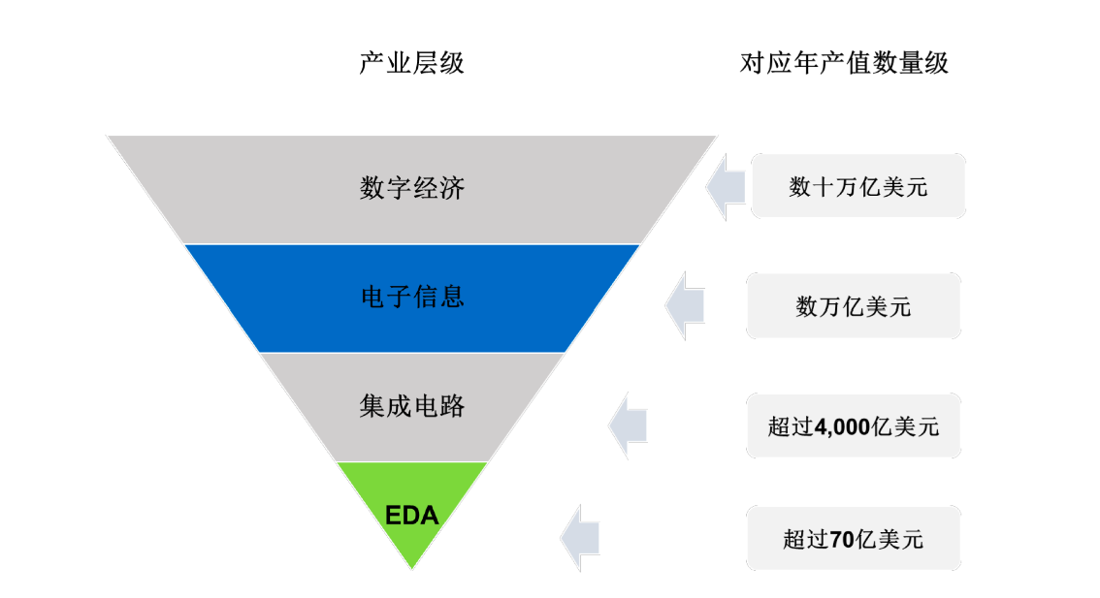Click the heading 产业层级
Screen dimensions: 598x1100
pos(411,64)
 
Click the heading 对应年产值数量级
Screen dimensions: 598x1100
pos(844,64)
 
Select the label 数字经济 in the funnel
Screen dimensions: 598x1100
pos(411,187)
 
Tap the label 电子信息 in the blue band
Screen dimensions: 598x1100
pos(411,296)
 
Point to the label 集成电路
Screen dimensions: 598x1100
pos(411,405)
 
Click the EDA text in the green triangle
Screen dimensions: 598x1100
pos(412,516)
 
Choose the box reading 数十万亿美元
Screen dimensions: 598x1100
pos(858,186)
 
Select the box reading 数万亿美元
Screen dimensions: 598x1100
pos(854,307)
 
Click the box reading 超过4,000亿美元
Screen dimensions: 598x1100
pos(854,426)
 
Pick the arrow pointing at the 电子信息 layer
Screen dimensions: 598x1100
pos(684,306)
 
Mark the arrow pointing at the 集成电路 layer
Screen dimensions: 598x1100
pos(628,425)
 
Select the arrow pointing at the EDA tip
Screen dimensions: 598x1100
pos(579,537)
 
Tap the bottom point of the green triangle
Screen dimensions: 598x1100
pos(412,567)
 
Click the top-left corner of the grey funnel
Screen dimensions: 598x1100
pos(110,138)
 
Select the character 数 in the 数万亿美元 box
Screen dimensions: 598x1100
pos(805,307)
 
